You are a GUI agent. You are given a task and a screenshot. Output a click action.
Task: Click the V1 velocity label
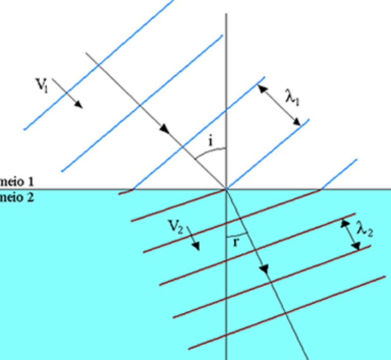point(42,83)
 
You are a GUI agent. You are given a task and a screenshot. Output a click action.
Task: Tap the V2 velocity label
point(176,228)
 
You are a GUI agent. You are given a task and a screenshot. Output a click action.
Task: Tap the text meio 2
point(15,197)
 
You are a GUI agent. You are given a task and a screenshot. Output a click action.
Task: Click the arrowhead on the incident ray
point(164,130)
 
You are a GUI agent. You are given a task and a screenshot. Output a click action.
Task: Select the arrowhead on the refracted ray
point(264,269)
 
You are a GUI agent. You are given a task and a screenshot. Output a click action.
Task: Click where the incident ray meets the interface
point(226,189)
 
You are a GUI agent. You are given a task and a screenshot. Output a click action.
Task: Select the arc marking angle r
point(235,235)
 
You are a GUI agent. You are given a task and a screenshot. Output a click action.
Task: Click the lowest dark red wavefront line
point(288,313)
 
